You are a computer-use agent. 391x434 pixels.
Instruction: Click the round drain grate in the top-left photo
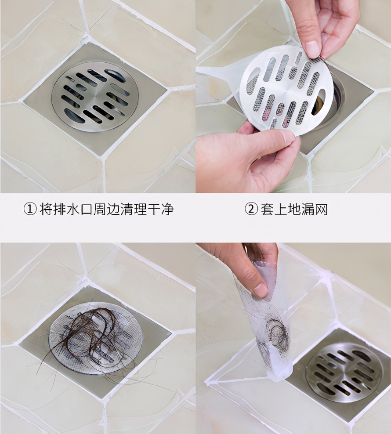click(x=95, y=97)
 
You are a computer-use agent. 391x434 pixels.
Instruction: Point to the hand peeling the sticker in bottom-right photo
click(x=250, y=268)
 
